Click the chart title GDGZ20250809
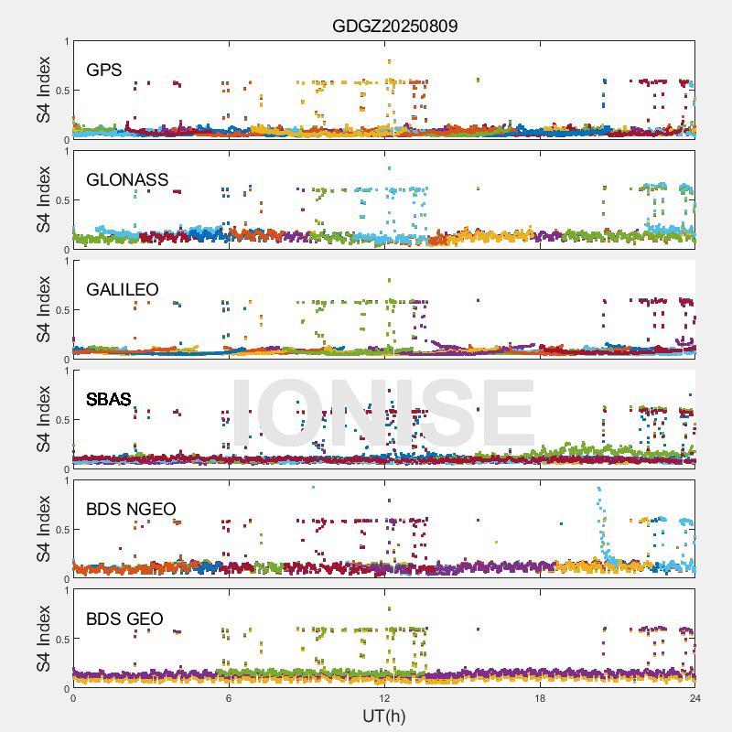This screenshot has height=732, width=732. click(x=394, y=26)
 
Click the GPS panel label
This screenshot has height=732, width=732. click(x=104, y=70)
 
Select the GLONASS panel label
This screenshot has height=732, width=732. click(x=127, y=180)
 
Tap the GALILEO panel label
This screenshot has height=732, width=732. click(x=123, y=290)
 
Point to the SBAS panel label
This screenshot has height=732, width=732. click(x=109, y=400)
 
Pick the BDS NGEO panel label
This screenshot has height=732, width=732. click(x=131, y=510)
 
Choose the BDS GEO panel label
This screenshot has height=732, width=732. click(x=124, y=619)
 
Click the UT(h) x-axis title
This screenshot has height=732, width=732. click(x=383, y=716)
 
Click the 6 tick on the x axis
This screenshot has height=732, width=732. click(x=229, y=698)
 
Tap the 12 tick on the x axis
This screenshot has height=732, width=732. click(x=384, y=698)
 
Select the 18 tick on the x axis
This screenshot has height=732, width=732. click(x=540, y=698)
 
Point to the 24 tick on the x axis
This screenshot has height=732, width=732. click(x=695, y=698)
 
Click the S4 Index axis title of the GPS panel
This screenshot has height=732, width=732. click(x=44, y=90)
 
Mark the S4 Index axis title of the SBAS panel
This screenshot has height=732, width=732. click(x=44, y=419)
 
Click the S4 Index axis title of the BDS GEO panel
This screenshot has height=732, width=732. click(x=44, y=639)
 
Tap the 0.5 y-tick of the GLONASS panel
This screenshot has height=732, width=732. click(x=59, y=200)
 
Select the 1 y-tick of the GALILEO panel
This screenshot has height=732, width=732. click(x=66, y=261)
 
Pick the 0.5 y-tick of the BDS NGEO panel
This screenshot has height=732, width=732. click(x=59, y=530)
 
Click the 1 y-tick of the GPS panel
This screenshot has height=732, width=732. click(x=66, y=41)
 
